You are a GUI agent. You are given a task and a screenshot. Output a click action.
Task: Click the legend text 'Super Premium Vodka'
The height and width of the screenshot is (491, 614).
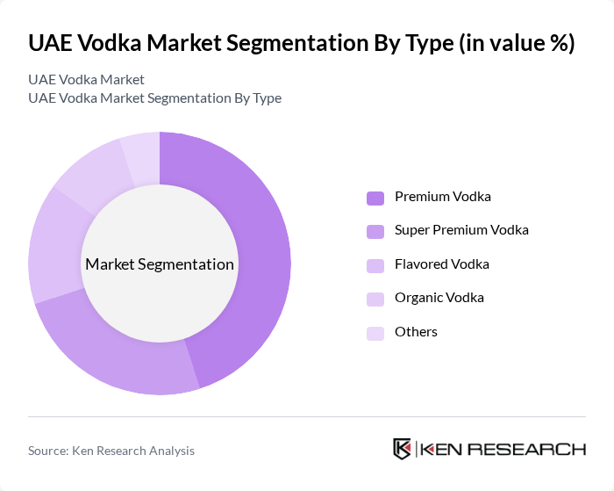click(461, 230)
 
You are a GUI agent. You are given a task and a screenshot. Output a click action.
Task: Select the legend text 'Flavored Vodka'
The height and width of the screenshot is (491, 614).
click(441, 264)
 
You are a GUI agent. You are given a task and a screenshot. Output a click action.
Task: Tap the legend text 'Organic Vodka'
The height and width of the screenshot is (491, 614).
click(439, 298)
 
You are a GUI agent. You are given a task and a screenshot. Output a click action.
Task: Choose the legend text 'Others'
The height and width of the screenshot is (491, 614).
click(416, 332)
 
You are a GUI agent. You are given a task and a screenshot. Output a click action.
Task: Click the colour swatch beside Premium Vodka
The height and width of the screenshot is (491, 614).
click(375, 198)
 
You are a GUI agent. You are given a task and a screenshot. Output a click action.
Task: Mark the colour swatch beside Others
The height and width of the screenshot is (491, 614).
click(375, 333)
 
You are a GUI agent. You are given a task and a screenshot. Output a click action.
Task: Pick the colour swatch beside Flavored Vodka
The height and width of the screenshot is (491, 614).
click(375, 265)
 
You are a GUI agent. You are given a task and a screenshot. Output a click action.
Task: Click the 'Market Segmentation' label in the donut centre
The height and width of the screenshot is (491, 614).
click(160, 264)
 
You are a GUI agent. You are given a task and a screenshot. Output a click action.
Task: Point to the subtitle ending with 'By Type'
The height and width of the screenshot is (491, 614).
click(154, 98)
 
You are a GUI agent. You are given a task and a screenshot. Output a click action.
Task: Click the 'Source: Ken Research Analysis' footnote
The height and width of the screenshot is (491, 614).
click(111, 451)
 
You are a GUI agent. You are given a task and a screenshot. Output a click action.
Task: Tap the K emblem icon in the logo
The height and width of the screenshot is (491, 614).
click(402, 449)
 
